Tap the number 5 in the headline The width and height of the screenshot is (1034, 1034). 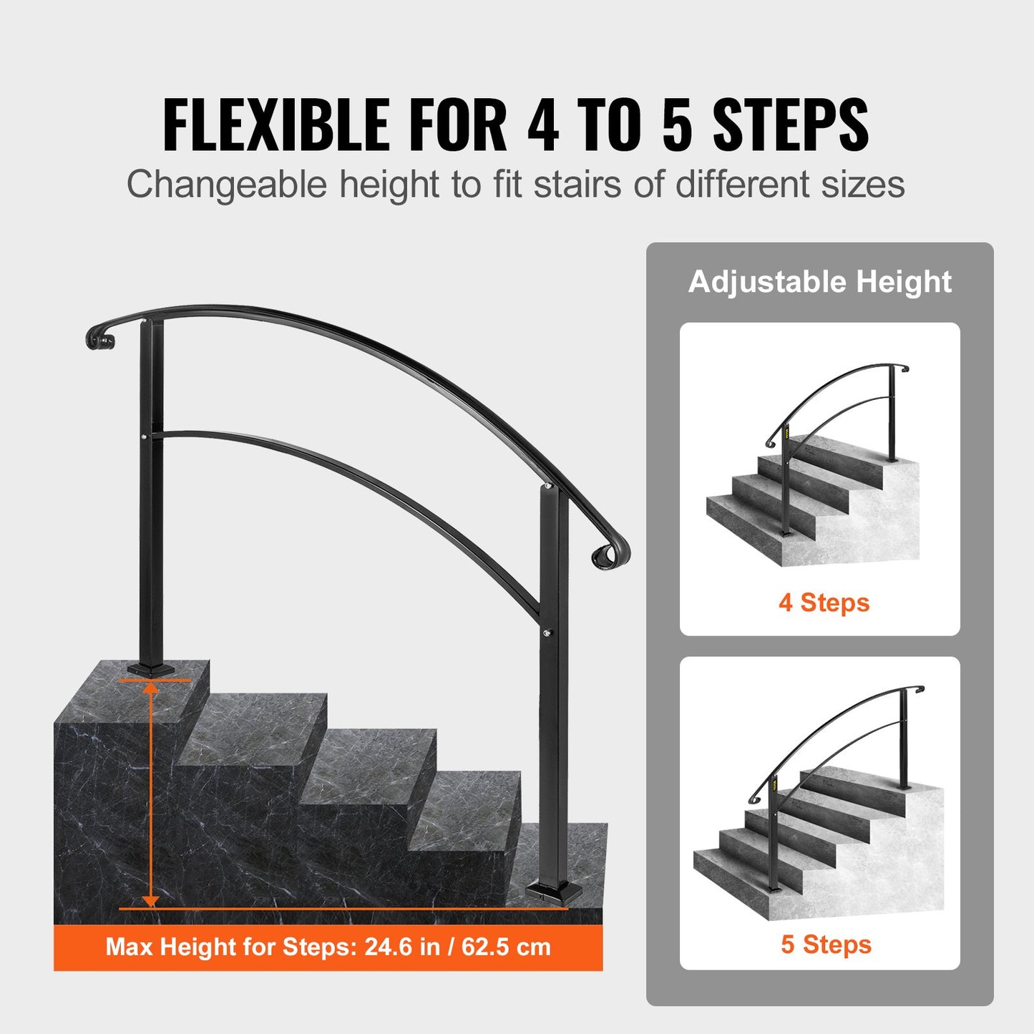[x=677, y=125]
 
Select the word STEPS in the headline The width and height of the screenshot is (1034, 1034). [x=791, y=125]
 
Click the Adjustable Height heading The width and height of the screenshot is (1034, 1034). [x=819, y=282]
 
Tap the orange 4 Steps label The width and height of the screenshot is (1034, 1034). [x=824, y=603]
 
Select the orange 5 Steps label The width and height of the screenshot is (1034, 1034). [x=826, y=960]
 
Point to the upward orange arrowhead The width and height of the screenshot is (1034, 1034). [x=151, y=688]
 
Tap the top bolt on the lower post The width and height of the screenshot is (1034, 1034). [x=546, y=486]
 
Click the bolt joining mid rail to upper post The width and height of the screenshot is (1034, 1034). [x=145, y=438]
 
